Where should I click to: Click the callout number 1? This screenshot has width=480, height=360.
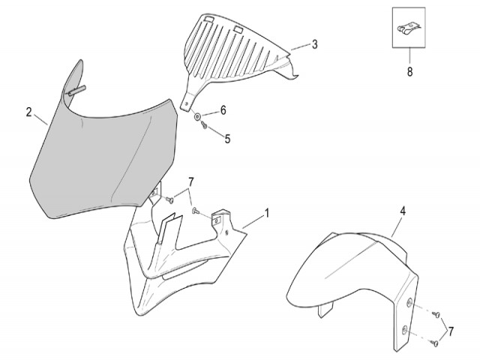pos(267,213)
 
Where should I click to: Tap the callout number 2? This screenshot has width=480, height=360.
pos(28,112)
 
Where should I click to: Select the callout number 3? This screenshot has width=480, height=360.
pos(315,44)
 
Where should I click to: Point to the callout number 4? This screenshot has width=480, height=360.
pos(403,211)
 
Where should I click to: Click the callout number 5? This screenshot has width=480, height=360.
pos(227,139)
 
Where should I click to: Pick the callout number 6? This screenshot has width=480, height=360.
pos(223,110)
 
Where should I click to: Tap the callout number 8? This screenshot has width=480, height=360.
pos(409,72)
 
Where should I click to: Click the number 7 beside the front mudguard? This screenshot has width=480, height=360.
pos(451,331)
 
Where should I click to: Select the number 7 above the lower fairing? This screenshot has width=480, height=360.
pos(191,181)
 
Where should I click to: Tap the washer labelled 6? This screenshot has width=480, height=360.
pos(197,116)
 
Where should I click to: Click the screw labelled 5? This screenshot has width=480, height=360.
pos(204,124)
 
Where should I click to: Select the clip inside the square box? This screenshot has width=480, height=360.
pos(409,28)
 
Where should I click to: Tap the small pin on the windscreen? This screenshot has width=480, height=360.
pos(76,91)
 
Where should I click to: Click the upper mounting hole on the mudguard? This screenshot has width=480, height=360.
pos(409,303)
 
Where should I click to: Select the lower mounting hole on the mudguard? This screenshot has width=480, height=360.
pos(405,330)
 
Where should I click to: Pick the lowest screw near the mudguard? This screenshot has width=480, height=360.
pos(434,343)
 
